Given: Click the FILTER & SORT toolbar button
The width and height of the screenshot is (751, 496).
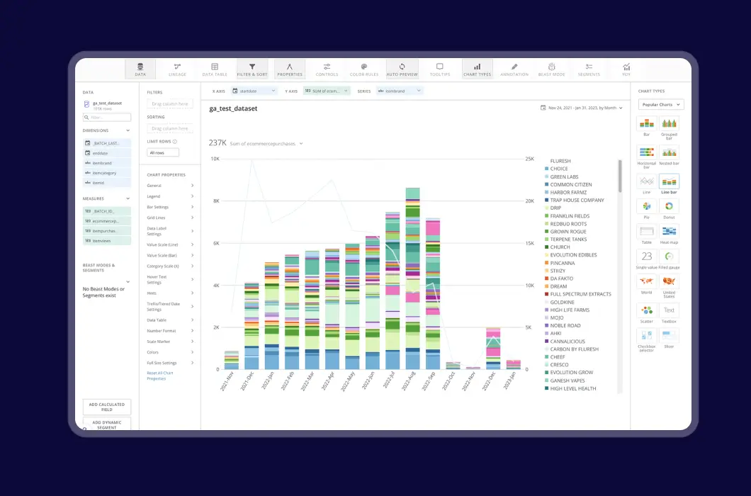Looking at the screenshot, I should (x=252, y=69).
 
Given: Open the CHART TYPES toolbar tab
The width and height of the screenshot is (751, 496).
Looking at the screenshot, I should (x=477, y=69).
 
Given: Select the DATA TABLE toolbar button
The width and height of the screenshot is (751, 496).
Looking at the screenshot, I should (x=215, y=69).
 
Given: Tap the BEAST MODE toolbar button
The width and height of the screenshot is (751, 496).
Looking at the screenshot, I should (x=551, y=69).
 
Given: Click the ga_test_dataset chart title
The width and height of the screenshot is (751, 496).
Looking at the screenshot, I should (x=233, y=108).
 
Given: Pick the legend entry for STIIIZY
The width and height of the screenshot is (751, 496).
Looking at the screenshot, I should (x=559, y=271).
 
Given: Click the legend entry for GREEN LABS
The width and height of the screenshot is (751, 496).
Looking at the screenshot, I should (x=564, y=176).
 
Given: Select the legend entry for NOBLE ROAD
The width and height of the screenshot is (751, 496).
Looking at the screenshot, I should (x=565, y=325).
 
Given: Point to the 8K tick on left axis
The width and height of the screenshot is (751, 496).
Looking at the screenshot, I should (x=215, y=201).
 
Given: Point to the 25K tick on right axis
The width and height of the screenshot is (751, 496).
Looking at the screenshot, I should (x=529, y=159).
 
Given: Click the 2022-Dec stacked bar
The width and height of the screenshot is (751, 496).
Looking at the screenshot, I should (x=493, y=348).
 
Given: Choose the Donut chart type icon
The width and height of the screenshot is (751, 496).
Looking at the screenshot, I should (x=669, y=206).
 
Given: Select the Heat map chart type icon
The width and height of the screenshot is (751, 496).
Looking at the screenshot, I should (x=669, y=232).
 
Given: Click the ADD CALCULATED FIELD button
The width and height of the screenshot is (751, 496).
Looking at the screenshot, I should (x=107, y=407).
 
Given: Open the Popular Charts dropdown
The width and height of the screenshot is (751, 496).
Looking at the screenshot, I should (x=660, y=105).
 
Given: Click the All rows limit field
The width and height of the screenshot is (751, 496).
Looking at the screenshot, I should (x=163, y=152).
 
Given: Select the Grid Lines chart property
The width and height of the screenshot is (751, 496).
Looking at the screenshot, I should (x=156, y=218).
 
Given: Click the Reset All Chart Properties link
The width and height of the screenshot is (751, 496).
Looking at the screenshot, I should (x=160, y=376).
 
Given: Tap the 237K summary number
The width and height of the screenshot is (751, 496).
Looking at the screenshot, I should (x=217, y=143).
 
